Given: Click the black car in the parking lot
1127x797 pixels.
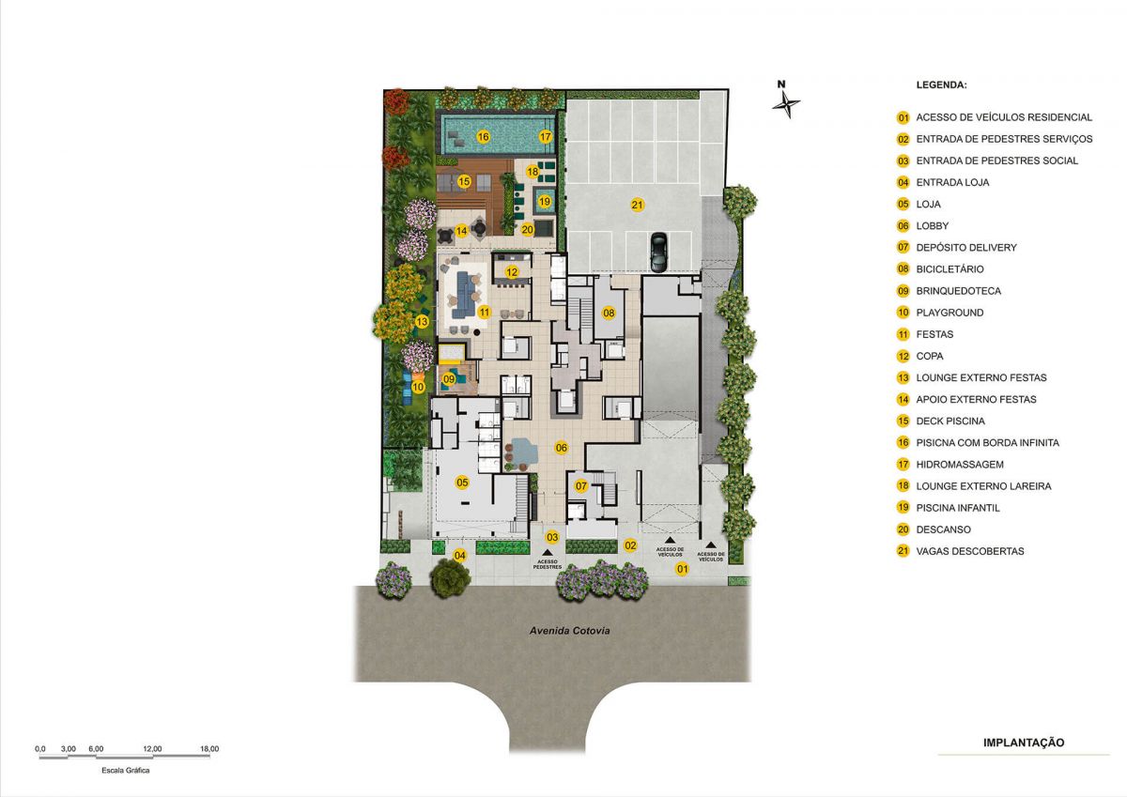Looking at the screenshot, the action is coord(658,253).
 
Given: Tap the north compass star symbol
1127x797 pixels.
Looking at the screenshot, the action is coord(786,105).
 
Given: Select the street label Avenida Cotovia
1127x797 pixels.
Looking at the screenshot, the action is coord(569,631).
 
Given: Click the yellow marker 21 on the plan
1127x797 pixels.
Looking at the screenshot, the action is coord(638,205).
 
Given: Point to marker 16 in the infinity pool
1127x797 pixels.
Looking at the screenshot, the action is coord(483,136).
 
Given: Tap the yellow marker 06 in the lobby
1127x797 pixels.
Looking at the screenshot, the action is coord(562,448).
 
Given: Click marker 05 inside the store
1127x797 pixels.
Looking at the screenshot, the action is coord(462,483).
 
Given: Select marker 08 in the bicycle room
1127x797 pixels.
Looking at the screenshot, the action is coord(609,314).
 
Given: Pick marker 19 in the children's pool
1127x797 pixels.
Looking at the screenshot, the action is coord(545,202).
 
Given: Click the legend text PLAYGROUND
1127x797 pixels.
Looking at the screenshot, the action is coord(949,313).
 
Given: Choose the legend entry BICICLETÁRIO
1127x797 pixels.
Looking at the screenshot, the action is coord(949,269).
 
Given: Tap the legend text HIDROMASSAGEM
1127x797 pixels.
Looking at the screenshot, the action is coord(960,465).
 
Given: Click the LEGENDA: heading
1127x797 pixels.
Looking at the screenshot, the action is coord(941,85).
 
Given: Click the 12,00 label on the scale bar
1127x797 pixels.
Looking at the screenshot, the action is coord(152,749).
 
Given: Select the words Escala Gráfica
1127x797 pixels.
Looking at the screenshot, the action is coord(125,770).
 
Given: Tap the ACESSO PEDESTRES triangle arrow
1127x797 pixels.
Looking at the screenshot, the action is coord(547,553).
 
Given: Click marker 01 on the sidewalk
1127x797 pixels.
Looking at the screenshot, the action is coord(682,569).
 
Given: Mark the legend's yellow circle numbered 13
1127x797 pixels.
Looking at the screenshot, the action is coord(903,377).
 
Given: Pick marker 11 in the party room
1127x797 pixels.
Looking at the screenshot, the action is coord(484,313).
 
